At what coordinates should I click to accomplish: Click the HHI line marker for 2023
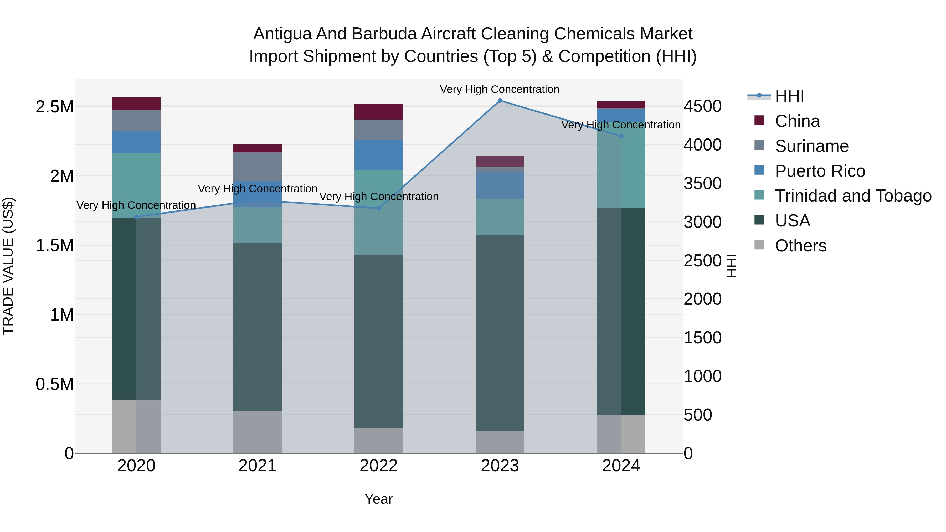pyautogui.click(x=500, y=101)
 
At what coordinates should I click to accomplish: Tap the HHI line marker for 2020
pyautogui.click(x=136, y=217)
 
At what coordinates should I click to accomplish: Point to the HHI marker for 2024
pyautogui.click(x=621, y=136)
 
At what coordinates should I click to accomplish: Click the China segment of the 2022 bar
pyautogui.click(x=379, y=112)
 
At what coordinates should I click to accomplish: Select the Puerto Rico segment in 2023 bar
pyautogui.click(x=500, y=186)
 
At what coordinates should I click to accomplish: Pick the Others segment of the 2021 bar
pyautogui.click(x=258, y=432)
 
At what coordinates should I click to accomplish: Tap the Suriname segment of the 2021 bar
pyautogui.click(x=258, y=167)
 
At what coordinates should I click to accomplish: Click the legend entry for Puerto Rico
pyautogui.click(x=820, y=171)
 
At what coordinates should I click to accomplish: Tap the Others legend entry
pyautogui.click(x=801, y=246)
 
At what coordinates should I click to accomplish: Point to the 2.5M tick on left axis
pyautogui.click(x=54, y=107)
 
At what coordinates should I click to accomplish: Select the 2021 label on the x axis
pyautogui.click(x=258, y=466)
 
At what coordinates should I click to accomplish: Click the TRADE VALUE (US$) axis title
pyautogui.click(x=8, y=266)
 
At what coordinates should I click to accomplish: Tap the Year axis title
pyautogui.click(x=379, y=499)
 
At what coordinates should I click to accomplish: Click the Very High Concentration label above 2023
pyautogui.click(x=500, y=89)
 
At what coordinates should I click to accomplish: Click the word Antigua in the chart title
pyautogui.click(x=282, y=34)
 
